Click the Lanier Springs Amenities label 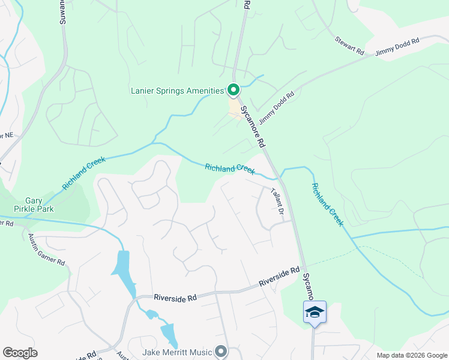coord(177,91)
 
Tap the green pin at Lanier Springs coord(234,91)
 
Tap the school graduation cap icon coord(315,313)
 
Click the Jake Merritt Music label coord(178,352)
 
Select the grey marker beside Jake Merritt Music coord(221,352)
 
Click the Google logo coord(20,353)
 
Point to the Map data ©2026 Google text coord(411,355)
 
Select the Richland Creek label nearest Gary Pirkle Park coord(83,173)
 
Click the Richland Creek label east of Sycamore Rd coord(327,204)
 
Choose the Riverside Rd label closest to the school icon coord(279,277)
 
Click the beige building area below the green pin coord(234,107)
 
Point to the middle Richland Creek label coord(230,169)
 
